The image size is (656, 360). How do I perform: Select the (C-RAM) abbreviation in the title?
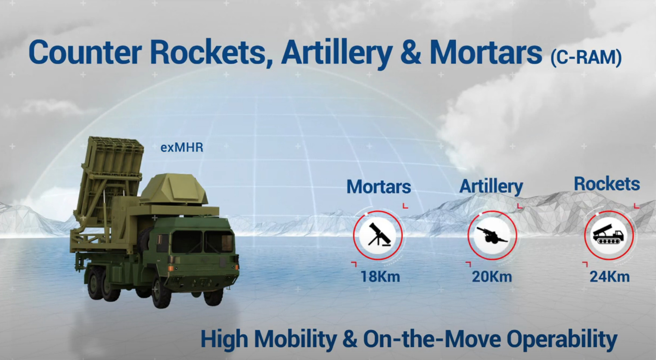point(586,57)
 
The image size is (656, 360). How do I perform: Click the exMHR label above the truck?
point(182,148)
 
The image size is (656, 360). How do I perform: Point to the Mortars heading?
point(379,187)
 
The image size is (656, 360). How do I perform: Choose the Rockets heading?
point(607,184)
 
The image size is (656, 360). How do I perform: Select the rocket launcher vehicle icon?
point(609,235)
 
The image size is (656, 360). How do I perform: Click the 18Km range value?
point(380,277)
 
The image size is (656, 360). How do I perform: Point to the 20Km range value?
point(492,277)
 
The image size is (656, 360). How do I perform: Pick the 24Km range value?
point(609,277)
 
